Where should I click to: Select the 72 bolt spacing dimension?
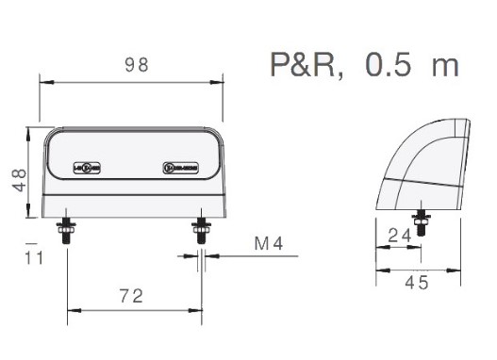(132, 296)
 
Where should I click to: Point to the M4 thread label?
(269, 245)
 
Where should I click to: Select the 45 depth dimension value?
(417, 282)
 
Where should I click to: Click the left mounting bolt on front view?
(67, 234)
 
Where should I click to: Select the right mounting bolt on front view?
(200, 234)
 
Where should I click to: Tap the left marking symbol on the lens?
(86, 169)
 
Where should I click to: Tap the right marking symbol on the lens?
(179, 169)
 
